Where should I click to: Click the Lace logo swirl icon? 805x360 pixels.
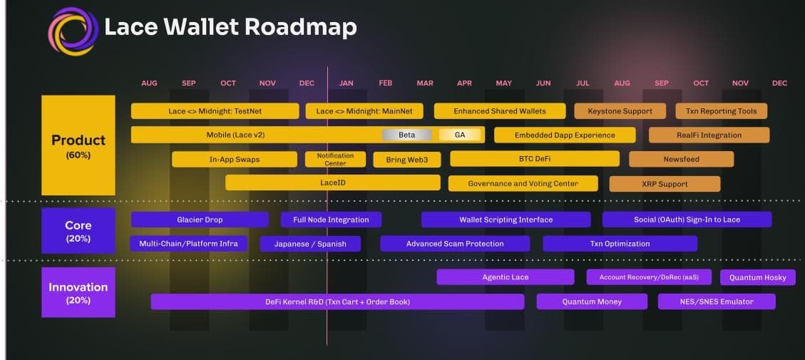(x=73, y=31)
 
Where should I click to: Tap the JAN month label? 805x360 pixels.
(x=346, y=83)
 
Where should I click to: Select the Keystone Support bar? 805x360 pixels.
(x=620, y=111)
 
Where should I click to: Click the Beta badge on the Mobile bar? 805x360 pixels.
(x=406, y=135)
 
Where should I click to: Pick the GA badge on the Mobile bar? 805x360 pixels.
(x=459, y=135)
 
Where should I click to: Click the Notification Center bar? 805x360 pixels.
(x=335, y=159)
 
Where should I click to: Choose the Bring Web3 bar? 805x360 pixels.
(x=406, y=159)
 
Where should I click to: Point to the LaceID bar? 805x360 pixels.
(x=333, y=182)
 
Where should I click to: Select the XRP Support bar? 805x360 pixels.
(x=665, y=184)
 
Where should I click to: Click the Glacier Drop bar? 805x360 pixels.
(x=200, y=220)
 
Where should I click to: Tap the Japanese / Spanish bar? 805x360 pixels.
(x=310, y=244)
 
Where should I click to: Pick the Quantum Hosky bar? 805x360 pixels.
(x=758, y=277)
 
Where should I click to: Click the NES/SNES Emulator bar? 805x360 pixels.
(x=717, y=302)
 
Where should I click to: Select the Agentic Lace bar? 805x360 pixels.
(x=506, y=277)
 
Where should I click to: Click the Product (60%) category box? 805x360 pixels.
(x=78, y=145)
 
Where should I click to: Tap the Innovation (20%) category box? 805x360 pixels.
(x=78, y=292)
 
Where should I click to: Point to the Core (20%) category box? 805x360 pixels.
(x=78, y=230)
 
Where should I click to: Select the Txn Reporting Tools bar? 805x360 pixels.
(x=721, y=111)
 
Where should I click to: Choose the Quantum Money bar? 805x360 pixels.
(x=591, y=302)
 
